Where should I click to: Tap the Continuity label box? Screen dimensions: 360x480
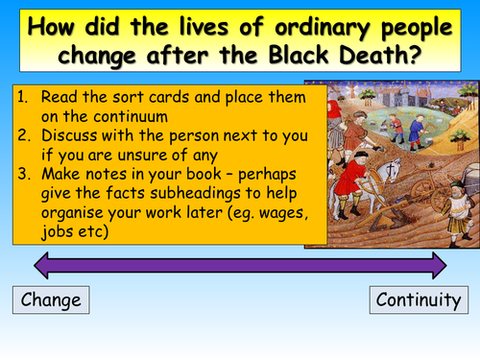(x=419, y=300)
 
